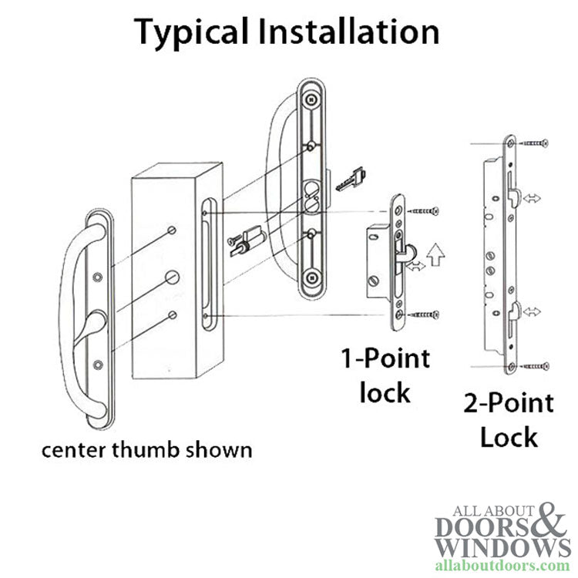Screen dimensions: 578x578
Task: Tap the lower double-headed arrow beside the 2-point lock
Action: (531, 312)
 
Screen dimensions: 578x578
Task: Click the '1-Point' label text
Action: (386, 359)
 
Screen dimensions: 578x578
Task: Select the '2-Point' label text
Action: (508, 404)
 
